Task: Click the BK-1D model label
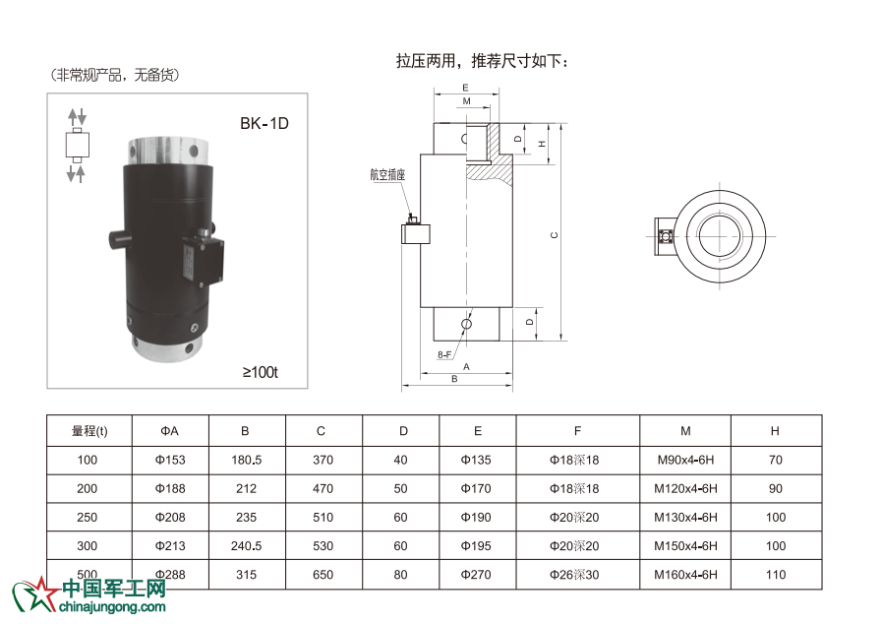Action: click(x=264, y=124)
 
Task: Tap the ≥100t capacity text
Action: click(x=261, y=372)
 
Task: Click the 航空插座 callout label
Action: click(x=387, y=175)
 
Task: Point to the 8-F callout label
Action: click(x=444, y=354)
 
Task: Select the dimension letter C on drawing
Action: click(x=555, y=235)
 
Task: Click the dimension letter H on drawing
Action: click(x=542, y=144)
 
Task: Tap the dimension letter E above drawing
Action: click(x=465, y=88)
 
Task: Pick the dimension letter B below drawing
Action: click(x=454, y=379)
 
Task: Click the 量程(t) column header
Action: click(x=89, y=431)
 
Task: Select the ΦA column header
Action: click(x=170, y=431)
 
